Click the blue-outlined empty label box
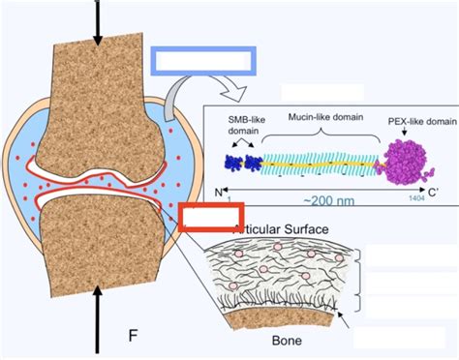[202, 59]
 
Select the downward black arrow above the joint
[96, 24]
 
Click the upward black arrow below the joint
[96, 310]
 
